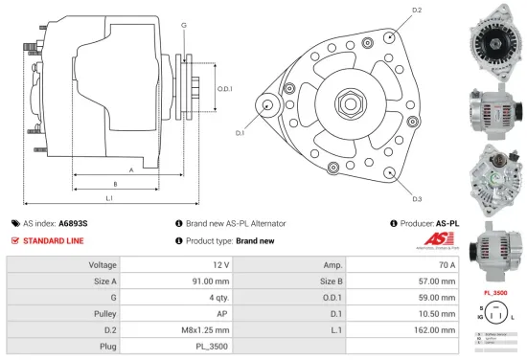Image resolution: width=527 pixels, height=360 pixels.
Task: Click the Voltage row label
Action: click(103, 263)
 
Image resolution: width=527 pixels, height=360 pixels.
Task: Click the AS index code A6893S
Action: click(73, 223)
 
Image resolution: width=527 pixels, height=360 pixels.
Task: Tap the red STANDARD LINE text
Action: click(58, 241)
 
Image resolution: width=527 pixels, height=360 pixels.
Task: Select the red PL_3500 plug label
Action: click(493, 291)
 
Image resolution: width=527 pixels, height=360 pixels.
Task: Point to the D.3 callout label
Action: click(417, 199)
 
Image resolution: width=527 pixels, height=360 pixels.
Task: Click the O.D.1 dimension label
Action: click(225, 88)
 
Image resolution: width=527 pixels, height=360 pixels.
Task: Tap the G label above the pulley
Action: click(183, 24)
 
